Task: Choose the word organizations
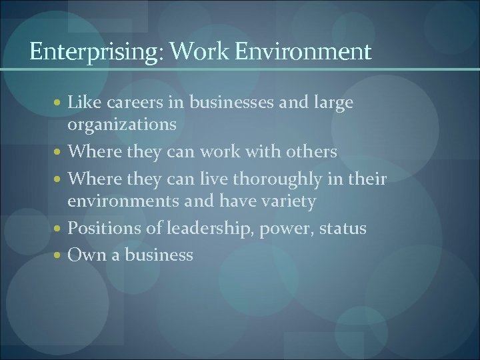pos(121,124)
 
